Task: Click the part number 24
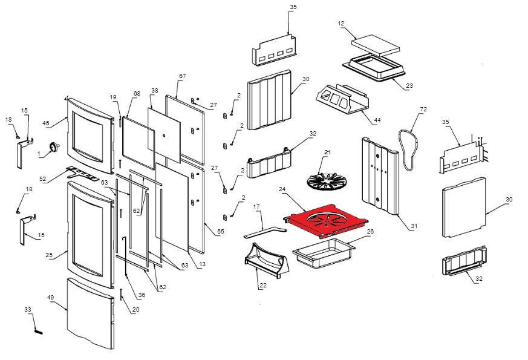point(282,189)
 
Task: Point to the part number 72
point(423,110)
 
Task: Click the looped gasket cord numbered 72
point(406,145)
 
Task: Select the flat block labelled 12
point(376,44)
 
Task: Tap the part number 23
point(409,86)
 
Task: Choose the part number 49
point(51,298)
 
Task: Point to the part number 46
point(46,123)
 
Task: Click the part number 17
point(256,207)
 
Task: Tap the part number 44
point(377,120)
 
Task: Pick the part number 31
point(414,226)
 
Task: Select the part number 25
point(50,255)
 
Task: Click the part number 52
point(43,178)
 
